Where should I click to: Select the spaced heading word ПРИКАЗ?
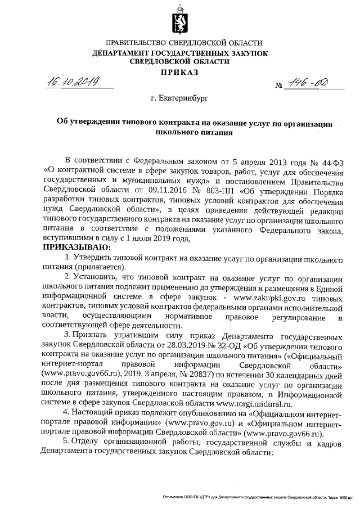(x=180, y=72)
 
